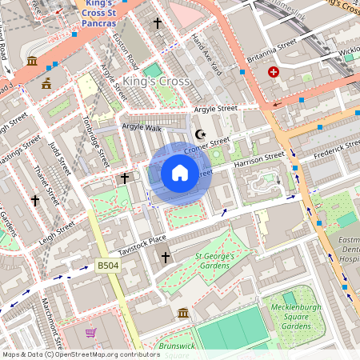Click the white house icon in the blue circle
click(x=180, y=173)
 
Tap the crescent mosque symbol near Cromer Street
click(x=200, y=134)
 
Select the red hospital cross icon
click(x=274, y=72)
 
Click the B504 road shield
click(x=107, y=266)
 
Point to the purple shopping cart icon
click(x=91, y=332)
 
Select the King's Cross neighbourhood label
click(x=157, y=82)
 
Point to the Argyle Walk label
click(x=142, y=127)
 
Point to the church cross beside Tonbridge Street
click(x=125, y=178)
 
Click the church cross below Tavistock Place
click(x=166, y=257)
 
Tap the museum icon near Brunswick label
click(x=183, y=313)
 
